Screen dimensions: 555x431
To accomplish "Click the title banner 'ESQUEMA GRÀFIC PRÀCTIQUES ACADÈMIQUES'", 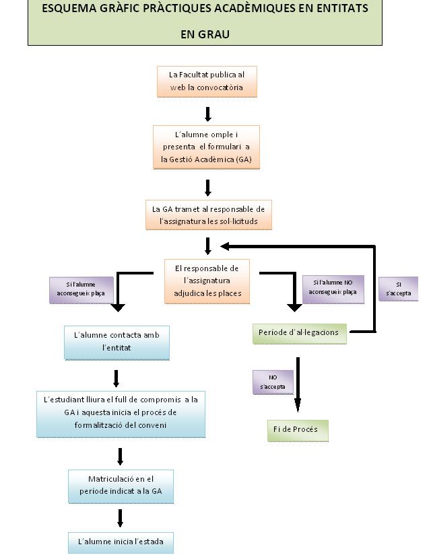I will pos(205,9).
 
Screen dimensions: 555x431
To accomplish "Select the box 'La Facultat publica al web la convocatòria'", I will pos(207,81).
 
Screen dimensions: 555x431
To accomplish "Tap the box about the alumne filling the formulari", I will pos(206,147).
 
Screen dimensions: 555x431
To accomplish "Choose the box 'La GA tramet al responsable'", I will pos(208,215).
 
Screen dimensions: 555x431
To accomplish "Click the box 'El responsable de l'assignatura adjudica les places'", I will pos(207,281).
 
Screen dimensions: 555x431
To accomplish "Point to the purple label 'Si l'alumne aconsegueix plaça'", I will pos(80,289).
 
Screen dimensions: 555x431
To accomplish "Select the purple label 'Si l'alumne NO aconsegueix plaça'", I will pos(333,288).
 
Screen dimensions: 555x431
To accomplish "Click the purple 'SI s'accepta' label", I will pos(399,289).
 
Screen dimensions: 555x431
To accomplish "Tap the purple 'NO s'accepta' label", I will pos(273,382).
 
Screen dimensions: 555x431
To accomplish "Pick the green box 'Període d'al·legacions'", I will pos(298,333).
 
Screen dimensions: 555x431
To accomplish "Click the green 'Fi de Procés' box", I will pos(297,430).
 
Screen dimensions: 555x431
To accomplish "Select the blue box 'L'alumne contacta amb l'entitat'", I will pos(117,342).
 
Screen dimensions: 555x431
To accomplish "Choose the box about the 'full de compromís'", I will pos(121,412).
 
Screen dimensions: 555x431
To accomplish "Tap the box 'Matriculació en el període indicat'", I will pos(121,485).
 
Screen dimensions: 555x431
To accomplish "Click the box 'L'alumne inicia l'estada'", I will pos(121,542).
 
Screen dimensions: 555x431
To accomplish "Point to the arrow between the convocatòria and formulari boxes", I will pos(208,113).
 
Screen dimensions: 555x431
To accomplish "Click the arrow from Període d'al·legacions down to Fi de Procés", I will pos(297,383).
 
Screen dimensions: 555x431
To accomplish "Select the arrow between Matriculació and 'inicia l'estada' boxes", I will pos(121,517).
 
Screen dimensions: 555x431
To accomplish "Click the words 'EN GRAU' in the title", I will pos(205,34).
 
